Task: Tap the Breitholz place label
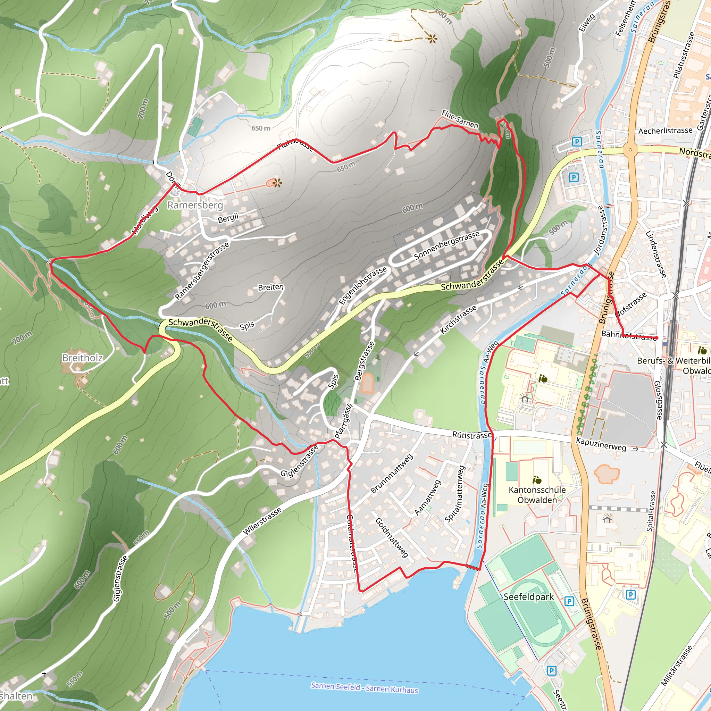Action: [82, 358]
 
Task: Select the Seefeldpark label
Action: [528, 597]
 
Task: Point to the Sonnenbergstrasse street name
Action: [447, 245]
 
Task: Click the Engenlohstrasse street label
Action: [362, 286]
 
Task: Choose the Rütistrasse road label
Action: [472, 435]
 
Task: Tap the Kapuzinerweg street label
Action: [601, 444]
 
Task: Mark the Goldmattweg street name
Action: [392, 537]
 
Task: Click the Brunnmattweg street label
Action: [392, 473]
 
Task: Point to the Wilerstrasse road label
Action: [262, 521]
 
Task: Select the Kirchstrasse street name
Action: [458, 319]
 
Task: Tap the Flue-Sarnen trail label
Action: [460, 119]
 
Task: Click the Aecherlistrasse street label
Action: [666, 131]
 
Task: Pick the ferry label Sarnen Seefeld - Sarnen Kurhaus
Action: [364, 687]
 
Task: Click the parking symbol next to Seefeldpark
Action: [569, 601]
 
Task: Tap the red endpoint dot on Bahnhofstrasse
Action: [656, 338]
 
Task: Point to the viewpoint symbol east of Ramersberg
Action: [278, 183]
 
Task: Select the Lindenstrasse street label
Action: [656, 254]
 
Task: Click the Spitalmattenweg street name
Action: [455, 494]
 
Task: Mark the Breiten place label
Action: [270, 287]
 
